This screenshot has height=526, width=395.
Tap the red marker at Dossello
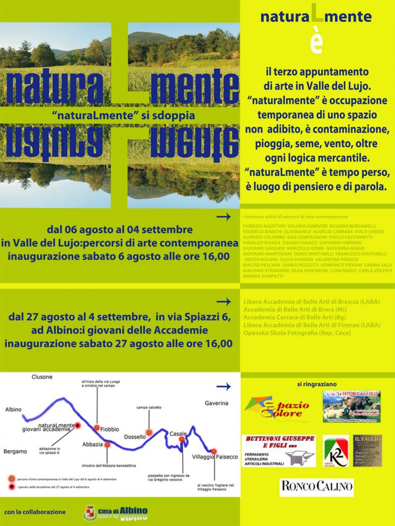(149, 432)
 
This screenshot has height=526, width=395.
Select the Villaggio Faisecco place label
(214, 457)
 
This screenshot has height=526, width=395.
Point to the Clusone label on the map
(42, 377)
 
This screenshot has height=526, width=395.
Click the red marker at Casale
(182, 439)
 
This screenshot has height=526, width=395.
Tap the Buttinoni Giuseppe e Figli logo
(279, 451)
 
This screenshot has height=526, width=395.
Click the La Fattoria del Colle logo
(351, 406)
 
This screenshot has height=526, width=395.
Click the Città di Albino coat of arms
(91, 513)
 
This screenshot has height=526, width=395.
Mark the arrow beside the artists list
(224, 217)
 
